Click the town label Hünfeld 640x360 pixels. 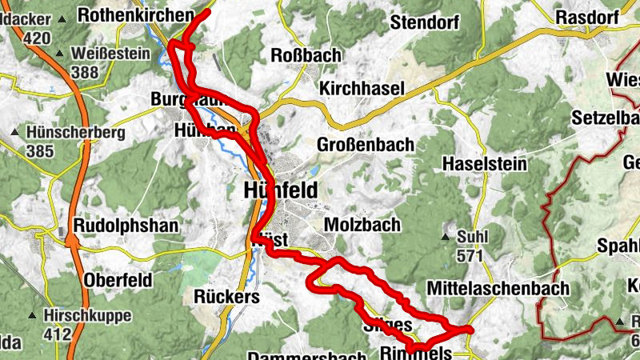click(x=279, y=190)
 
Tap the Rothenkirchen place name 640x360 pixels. click(x=137, y=14)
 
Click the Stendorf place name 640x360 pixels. click(x=422, y=22)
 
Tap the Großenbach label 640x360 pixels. click(x=366, y=145)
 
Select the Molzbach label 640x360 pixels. click(x=362, y=225)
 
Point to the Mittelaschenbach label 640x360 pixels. click(x=498, y=287)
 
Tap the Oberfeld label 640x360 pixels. click(x=118, y=280)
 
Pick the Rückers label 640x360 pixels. click(x=227, y=296)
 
